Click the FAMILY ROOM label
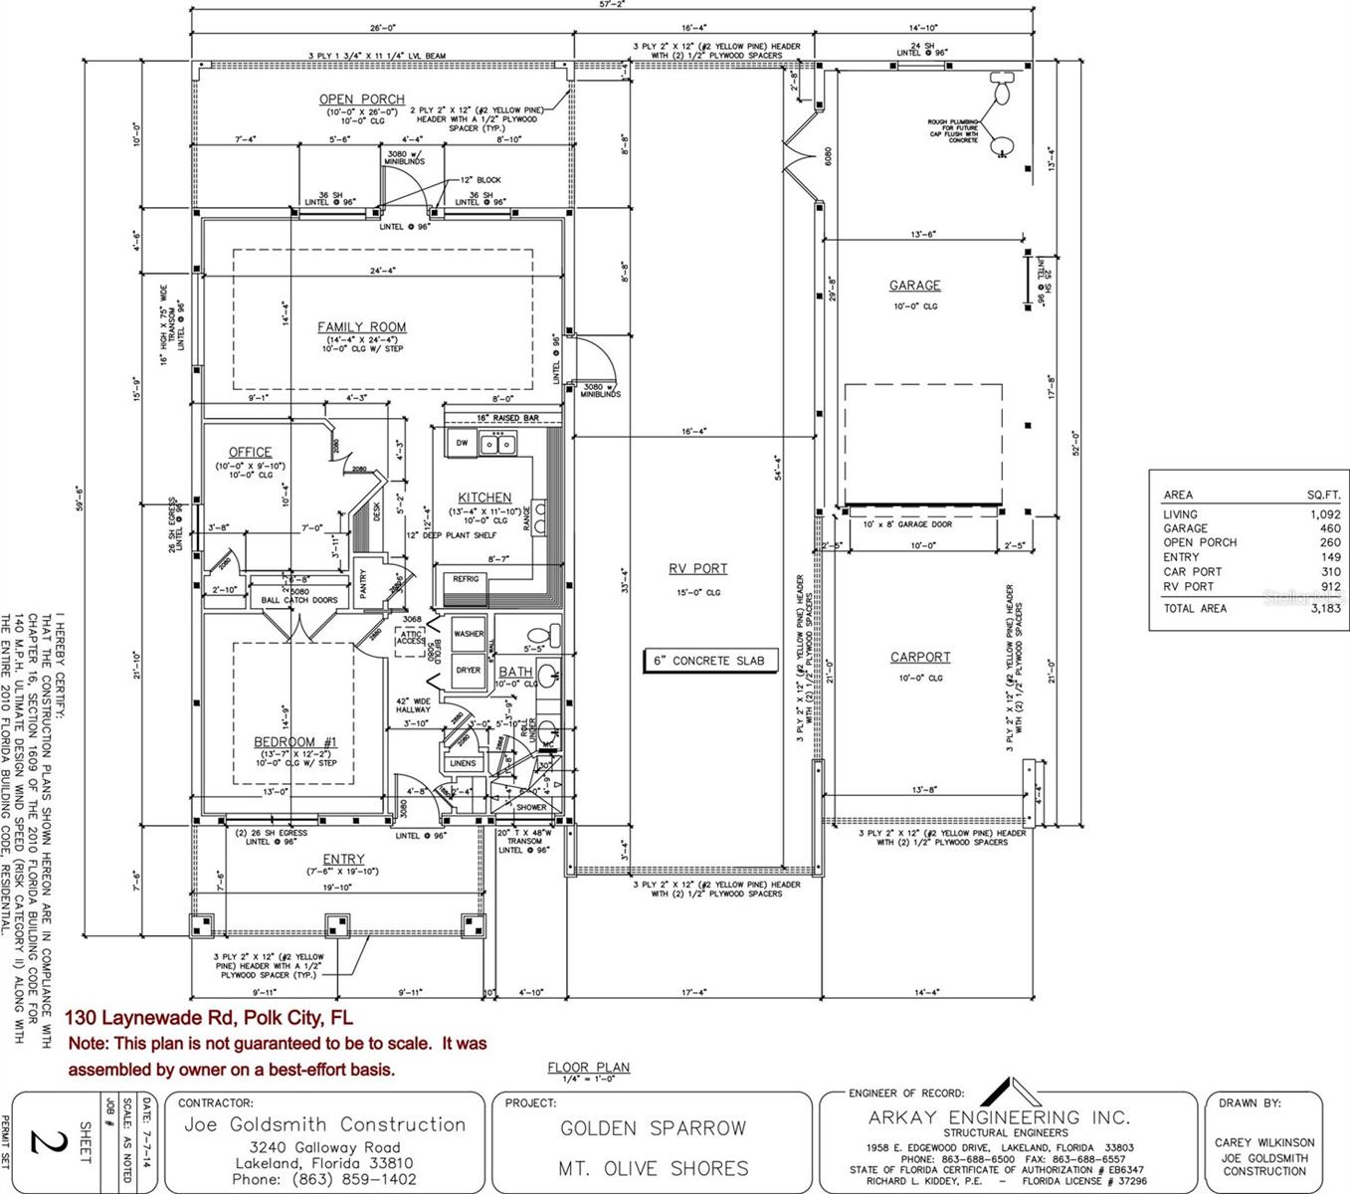click(361, 327)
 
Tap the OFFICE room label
click(250, 453)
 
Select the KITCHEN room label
click(484, 497)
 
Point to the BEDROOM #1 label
click(294, 742)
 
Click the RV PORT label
click(697, 569)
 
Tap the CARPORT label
click(920, 658)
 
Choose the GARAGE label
click(914, 286)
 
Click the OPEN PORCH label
click(361, 99)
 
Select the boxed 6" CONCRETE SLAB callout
click(707, 661)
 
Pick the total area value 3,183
click(1323, 608)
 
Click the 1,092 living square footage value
click(1325, 514)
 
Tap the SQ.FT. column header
click(1323, 495)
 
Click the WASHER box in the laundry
click(469, 634)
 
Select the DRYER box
click(469, 671)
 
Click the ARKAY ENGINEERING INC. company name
click(999, 1117)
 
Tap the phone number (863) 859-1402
click(324, 1179)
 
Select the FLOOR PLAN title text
click(588, 1068)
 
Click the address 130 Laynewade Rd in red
click(209, 1018)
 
